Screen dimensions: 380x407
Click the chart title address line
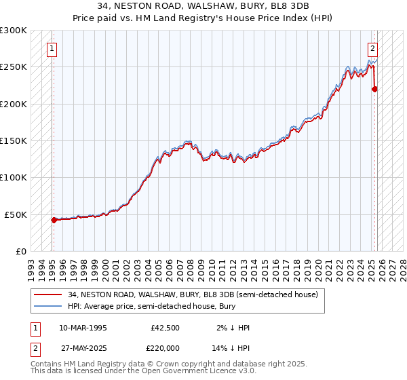click(203, 6)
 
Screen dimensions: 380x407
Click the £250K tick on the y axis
click(14, 67)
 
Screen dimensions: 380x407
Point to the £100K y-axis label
click(14, 177)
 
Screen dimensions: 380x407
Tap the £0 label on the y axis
click(21, 251)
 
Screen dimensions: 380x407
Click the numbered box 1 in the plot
click(53, 48)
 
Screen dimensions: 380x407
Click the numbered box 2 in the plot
click(373, 48)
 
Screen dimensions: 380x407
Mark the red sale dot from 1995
click(54, 220)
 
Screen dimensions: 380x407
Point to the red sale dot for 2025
click(375, 89)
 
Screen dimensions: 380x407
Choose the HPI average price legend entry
click(149, 307)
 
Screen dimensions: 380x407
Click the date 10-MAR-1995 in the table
click(83, 328)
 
